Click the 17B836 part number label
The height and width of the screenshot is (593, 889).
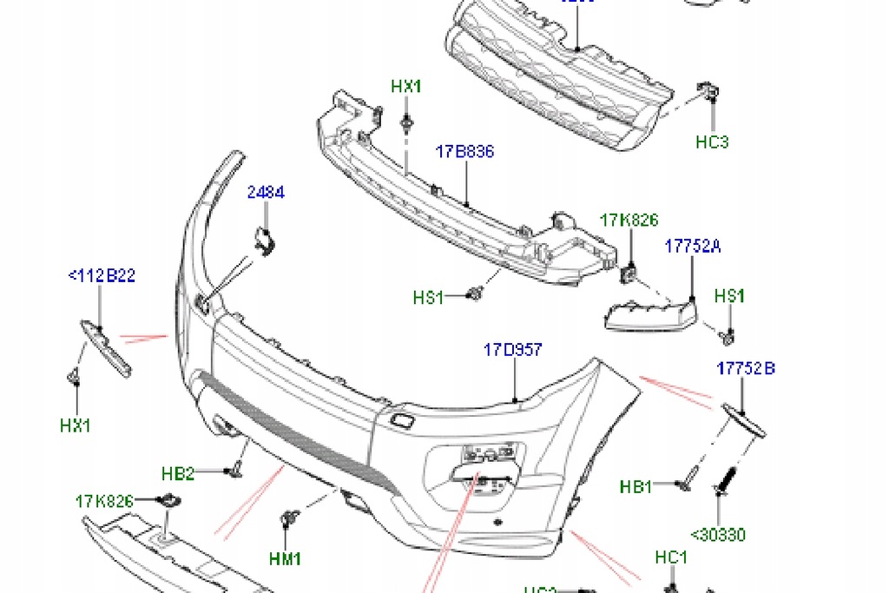coord(464,152)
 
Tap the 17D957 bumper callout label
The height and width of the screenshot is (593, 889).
coord(512,350)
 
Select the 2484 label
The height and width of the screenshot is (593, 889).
coord(266,193)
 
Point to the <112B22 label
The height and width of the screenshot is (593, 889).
coord(102,276)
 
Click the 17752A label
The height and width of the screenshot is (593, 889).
coord(693,247)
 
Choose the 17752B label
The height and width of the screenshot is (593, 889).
coord(746,368)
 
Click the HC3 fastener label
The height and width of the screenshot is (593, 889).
coord(712,142)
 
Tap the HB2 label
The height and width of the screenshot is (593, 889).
coord(178,473)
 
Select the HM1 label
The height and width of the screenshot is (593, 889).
coord(285,559)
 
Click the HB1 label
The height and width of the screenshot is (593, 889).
coord(636,486)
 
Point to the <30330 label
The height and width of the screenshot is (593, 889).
coord(718,535)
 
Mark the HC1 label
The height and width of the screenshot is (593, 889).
coord(671,557)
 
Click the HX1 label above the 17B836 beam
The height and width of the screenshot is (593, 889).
coord(405,86)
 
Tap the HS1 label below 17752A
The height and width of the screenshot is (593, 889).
coord(729,296)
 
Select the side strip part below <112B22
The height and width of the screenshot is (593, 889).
coord(107,347)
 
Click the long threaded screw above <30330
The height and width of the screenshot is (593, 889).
coord(723,483)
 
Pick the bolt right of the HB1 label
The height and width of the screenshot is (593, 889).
coord(686,477)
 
